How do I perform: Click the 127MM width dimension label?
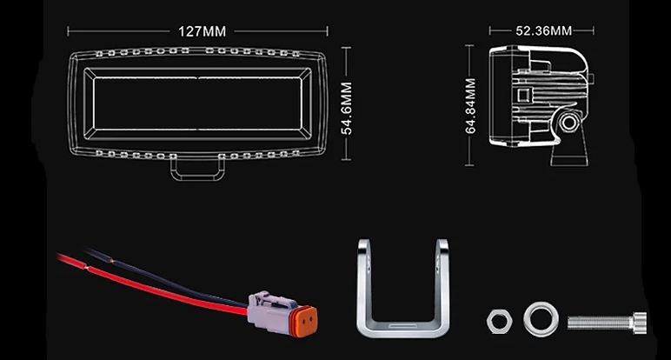coord(202,31)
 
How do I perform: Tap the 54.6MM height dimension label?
coord(346,108)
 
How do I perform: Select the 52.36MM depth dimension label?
coord(543,31)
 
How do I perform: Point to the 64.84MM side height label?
coord(470,106)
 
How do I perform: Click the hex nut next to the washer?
coord(498,321)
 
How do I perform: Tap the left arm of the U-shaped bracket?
coord(365,278)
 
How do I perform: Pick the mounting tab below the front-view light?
coord(197,169)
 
